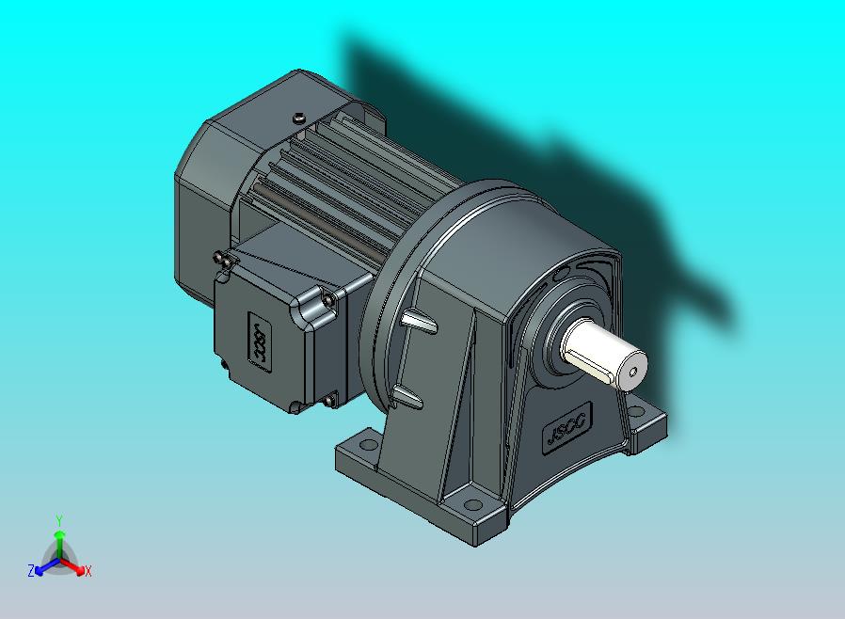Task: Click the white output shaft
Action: [x=602, y=354]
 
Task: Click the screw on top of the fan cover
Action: [x=298, y=118]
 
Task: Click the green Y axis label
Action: [x=58, y=520]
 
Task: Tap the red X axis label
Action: [x=88, y=571]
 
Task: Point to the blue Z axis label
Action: [x=31, y=570]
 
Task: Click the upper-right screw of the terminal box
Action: [x=329, y=298]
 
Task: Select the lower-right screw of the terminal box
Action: [x=329, y=402]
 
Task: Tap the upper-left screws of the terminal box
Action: [x=222, y=258]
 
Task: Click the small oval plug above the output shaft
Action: [x=561, y=274]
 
